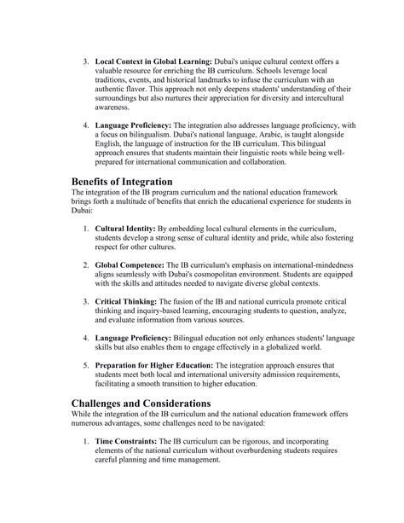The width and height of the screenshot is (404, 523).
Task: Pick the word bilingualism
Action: pos(156,136)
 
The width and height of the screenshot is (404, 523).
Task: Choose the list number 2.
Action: pos(87,266)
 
